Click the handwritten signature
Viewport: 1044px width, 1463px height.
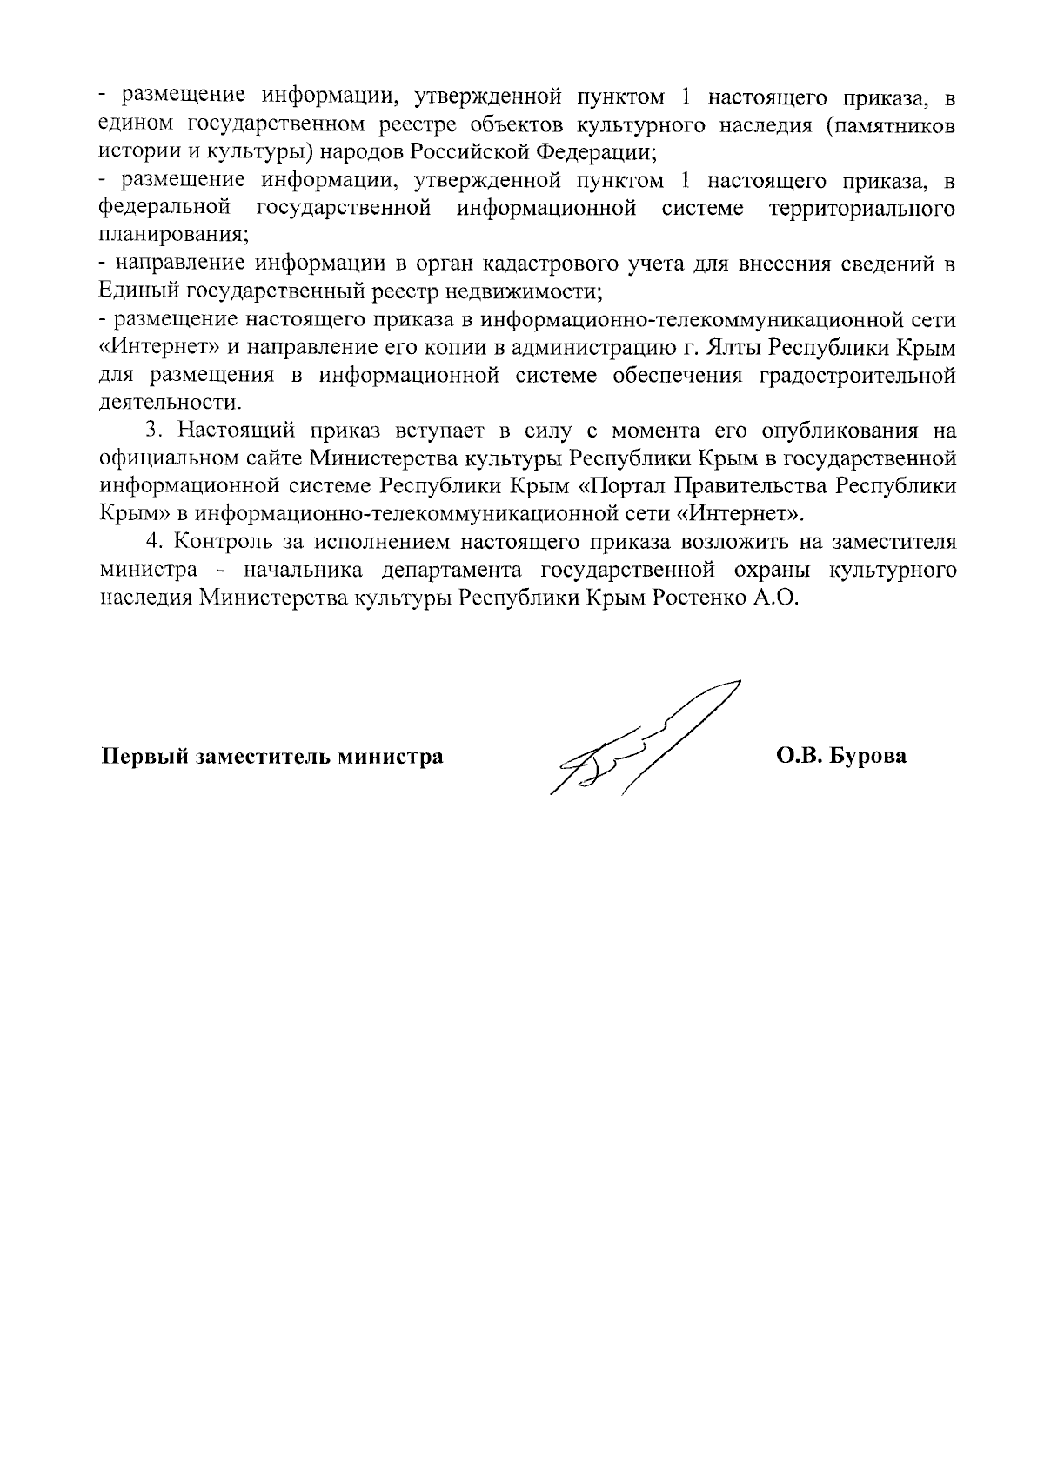(x=644, y=744)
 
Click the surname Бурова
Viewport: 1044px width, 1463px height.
(x=869, y=756)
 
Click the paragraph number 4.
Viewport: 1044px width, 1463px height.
(x=154, y=542)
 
